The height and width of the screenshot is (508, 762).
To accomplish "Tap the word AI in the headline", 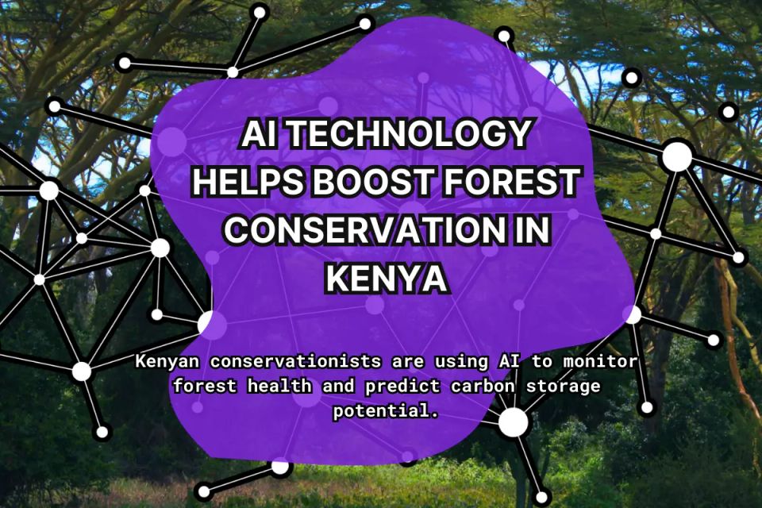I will coord(262,136).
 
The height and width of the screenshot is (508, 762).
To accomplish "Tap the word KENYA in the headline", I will coord(387,278).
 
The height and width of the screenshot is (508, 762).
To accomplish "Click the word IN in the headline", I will coord(526,230).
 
